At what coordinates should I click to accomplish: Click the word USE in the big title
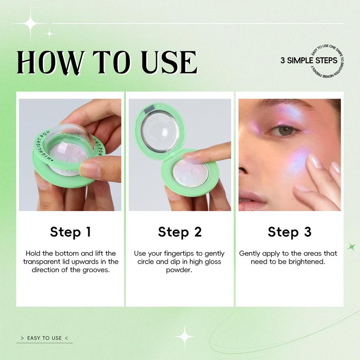(x=169, y=62)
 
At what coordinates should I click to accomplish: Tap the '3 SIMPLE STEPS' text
(x=309, y=60)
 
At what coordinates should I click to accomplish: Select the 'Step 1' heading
(x=71, y=232)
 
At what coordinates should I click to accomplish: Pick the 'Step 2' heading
(x=180, y=232)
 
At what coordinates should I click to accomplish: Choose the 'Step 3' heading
(x=289, y=232)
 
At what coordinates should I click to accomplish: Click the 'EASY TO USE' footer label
(x=44, y=338)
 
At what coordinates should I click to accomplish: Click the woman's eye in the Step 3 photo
(x=285, y=130)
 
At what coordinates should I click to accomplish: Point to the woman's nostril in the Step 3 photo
(x=243, y=171)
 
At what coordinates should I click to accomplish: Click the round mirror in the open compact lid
(x=160, y=131)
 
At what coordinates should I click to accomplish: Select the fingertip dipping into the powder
(x=191, y=158)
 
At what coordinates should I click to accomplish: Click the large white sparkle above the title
(x=30, y=23)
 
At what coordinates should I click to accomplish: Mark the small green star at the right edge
(x=351, y=247)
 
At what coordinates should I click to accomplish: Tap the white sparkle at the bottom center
(x=184, y=337)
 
